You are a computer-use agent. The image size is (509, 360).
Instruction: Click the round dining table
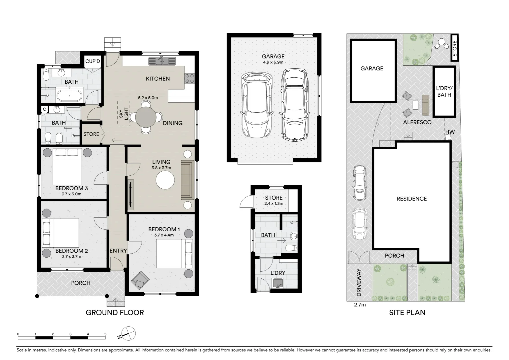[x=145, y=117]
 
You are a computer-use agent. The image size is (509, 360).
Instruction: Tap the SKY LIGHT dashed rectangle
[x=123, y=114]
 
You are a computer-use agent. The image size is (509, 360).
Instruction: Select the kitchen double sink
[x=162, y=61]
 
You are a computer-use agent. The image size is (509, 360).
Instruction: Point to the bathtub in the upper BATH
[x=69, y=96]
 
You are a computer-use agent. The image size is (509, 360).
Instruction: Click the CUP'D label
[x=93, y=61]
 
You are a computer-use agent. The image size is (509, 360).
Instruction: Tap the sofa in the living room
[x=187, y=180]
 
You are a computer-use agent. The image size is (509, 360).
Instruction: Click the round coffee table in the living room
[x=165, y=180]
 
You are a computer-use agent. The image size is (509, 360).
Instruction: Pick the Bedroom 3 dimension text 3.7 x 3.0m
[x=71, y=194]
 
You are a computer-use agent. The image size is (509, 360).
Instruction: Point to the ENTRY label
[x=118, y=251]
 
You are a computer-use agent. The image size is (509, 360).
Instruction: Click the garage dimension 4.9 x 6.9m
[x=273, y=62]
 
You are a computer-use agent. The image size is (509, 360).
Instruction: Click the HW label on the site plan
[x=450, y=132]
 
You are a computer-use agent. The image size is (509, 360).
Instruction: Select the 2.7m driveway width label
[x=360, y=305]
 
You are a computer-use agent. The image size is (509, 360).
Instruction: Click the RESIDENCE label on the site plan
[x=411, y=199]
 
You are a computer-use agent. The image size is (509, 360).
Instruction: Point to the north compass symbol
[x=128, y=334]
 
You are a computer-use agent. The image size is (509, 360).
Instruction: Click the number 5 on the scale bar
[x=105, y=334]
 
